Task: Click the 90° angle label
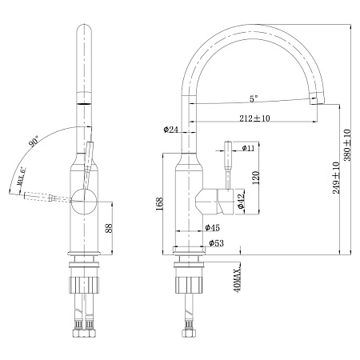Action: [34, 142]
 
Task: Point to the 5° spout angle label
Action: [254, 100]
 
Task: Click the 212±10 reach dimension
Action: [254, 119]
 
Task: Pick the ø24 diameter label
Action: [170, 130]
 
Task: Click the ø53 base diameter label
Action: [216, 243]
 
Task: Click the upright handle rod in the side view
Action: [226, 166]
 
